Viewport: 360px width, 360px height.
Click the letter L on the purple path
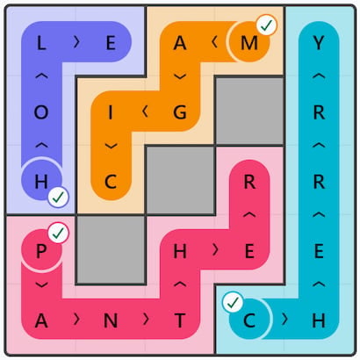point(41,43)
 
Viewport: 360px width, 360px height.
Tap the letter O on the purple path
point(41,112)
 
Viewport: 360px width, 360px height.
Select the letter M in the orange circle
point(249,43)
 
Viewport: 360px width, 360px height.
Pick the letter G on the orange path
point(180,112)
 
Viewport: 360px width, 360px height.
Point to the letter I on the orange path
point(111,112)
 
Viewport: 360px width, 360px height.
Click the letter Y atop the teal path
point(319,43)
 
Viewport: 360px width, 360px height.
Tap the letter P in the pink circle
point(41,251)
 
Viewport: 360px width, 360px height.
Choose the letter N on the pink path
point(111,320)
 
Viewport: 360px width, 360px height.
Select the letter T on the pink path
point(180,320)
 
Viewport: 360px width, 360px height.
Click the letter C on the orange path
point(111,182)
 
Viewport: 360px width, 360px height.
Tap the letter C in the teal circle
point(249,320)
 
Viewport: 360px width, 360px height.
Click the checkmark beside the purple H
point(58,198)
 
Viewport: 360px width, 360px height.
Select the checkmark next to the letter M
point(266,25)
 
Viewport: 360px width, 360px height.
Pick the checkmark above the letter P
point(58,233)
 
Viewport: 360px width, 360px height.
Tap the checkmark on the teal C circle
point(233,303)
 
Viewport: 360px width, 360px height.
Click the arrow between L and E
point(76,43)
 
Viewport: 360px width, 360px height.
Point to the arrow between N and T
point(146,320)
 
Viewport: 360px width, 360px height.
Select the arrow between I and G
point(145,112)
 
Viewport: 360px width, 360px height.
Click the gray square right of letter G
point(249,111)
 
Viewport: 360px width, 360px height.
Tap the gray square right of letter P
point(111,249)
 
